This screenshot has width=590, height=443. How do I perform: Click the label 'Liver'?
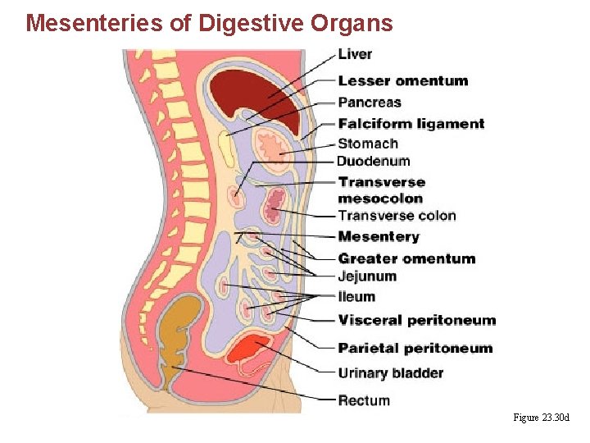click(355, 54)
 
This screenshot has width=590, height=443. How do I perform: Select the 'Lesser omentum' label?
click(402, 80)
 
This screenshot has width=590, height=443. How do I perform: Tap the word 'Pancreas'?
click(370, 103)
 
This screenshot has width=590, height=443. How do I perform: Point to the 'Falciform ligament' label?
click(411, 124)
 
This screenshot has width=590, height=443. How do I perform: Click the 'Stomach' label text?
click(368, 144)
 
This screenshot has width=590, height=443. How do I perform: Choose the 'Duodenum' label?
click(373, 161)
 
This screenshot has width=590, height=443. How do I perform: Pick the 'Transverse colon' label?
click(397, 216)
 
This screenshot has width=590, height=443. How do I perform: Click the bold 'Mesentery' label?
click(379, 237)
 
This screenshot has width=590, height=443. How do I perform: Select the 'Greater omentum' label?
click(406, 258)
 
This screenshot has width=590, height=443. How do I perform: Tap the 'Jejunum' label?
click(367, 276)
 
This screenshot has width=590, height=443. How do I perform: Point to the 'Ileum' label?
click(356, 297)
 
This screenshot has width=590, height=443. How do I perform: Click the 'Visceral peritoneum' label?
click(417, 320)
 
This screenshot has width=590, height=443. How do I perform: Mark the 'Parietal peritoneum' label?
click(415, 348)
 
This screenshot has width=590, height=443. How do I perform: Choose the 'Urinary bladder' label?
click(391, 373)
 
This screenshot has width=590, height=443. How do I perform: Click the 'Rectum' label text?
click(364, 400)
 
